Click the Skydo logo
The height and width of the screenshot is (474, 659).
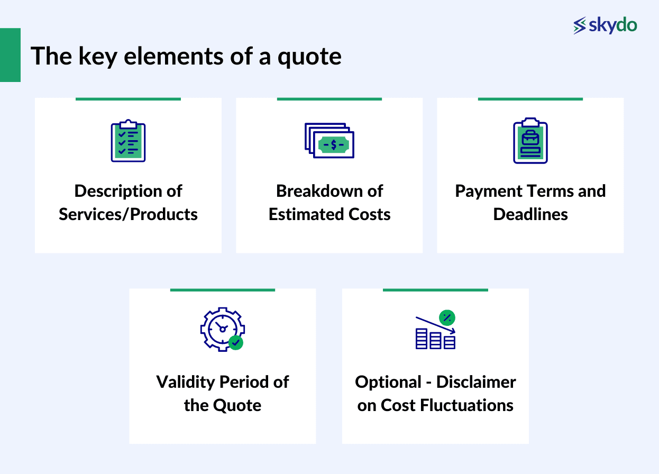click(x=605, y=25)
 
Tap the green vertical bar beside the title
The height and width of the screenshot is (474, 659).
click(x=10, y=55)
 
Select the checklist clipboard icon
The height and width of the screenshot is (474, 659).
click(x=128, y=141)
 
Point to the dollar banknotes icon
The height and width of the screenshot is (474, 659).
click(x=329, y=141)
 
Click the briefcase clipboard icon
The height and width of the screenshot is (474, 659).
click(x=530, y=141)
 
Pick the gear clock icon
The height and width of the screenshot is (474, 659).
click(x=221, y=329)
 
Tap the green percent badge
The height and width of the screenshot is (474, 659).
click(x=447, y=317)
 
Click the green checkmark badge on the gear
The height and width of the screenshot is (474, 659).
click(x=236, y=343)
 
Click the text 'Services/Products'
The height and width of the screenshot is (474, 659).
click(x=128, y=214)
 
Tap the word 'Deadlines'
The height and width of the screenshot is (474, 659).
click(x=530, y=214)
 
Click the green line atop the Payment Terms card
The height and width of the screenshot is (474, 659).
click(x=530, y=99)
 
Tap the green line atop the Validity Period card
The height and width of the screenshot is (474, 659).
click(x=222, y=290)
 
